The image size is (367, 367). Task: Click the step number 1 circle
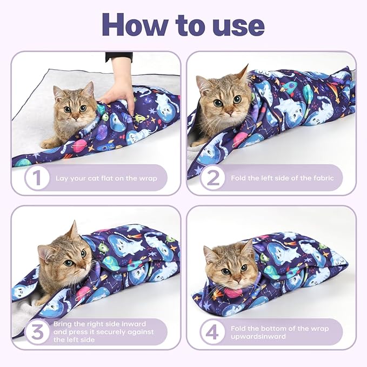pyautogui.click(x=36, y=178)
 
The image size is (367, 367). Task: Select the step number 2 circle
pyautogui.click(x=211, y=178)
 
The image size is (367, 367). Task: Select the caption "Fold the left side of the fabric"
pyautogui.click(x=282, y=178)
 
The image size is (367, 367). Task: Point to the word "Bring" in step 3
pyautogui.click(x=64, y=323)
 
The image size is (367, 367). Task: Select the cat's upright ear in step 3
pyautogui.click(x=72, y=231)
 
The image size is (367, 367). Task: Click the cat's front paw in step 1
pyautogui.click(x=50, y=144)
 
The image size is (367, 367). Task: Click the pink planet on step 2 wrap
pyautogui.click(x=240, y=139)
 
